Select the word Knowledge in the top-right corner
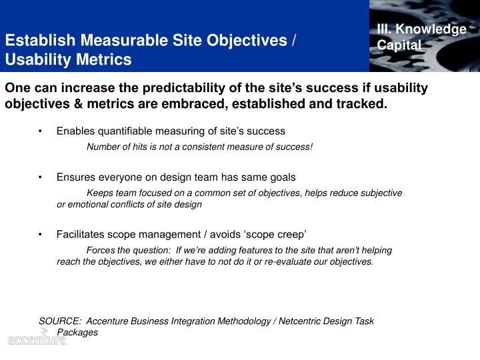438,29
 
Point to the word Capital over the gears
399,45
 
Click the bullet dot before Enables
41,131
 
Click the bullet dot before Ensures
41,177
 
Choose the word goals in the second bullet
282,177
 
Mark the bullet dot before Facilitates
41,235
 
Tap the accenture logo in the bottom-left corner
37,339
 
